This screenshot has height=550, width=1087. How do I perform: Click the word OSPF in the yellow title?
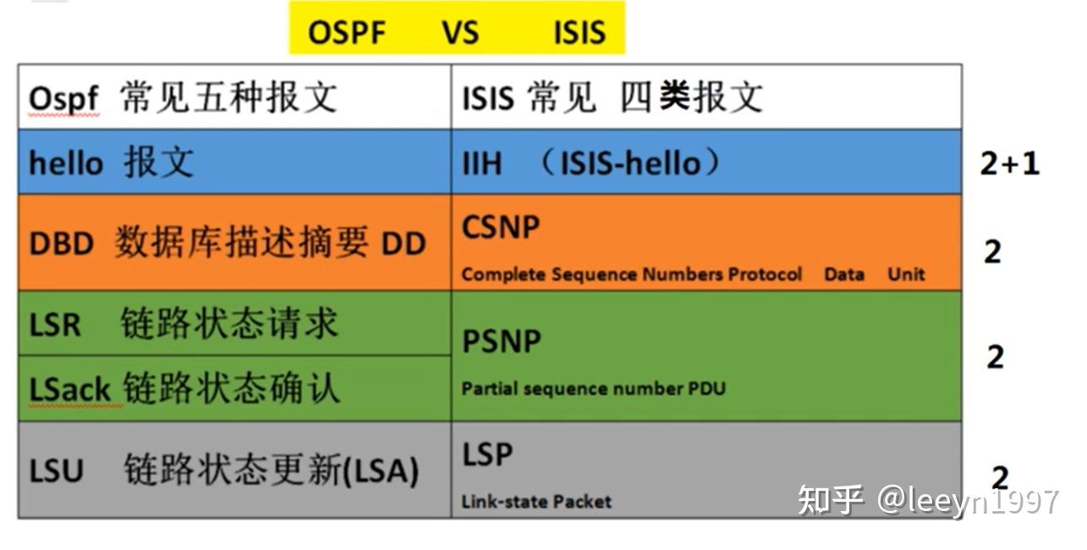347,33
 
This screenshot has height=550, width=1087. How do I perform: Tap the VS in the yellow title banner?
459,33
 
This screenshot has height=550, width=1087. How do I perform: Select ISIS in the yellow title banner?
579,33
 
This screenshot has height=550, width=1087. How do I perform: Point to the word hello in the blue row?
66,162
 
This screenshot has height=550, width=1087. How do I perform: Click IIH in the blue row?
482,162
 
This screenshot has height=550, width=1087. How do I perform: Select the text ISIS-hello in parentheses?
630,162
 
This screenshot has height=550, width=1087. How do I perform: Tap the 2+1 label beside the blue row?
1009,162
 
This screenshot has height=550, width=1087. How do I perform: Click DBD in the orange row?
61,245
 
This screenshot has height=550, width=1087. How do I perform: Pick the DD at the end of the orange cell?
403,245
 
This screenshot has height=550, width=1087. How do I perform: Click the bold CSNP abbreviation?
501,228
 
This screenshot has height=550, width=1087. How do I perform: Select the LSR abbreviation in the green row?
55,325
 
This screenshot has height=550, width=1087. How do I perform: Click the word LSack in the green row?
70,390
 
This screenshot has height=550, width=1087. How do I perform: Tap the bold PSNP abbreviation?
502,341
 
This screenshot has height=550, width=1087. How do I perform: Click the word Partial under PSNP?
490,389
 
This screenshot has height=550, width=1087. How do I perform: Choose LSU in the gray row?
57,470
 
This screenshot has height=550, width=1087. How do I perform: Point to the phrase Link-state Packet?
536,502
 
